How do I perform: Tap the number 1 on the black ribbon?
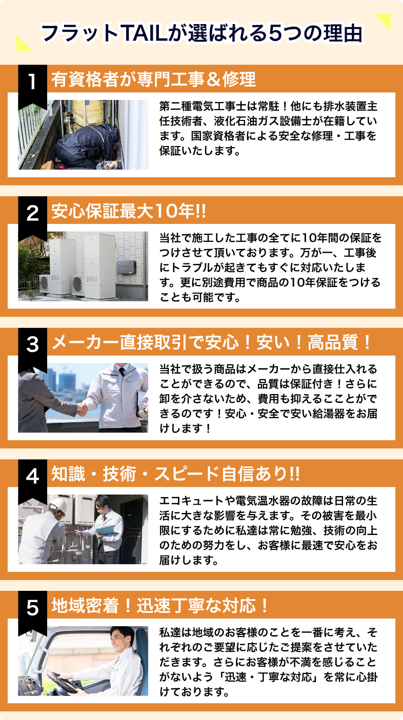pyautogui.click(x=32, y=81)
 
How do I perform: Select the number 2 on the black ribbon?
pyautogui.click(x=32, y=213)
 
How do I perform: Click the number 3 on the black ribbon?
pyautogui.click(x=32, y=344)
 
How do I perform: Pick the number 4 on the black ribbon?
pyautogui.click(x=32, y=476)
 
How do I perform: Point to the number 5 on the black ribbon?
pyautogui.click(x=32, y=608)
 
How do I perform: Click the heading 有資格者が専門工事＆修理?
pyautogui.click(x=154, y=79)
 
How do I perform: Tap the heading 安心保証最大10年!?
pyautogui.click(x=129, y=211)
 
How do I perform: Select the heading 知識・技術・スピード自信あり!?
pyautogui.click(x=176, y=474)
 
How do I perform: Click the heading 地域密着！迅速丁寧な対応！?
pyautogui.click(x=160, y=606)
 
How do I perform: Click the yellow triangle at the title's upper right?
pyautogui.click(x=385, y=20)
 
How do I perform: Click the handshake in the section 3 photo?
pyautogui.click(x=83, y=409)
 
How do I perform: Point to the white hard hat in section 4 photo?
pyautogui.click(x=59, y=505)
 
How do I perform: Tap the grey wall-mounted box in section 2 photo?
pyautogui.click(x=126, y=267)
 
